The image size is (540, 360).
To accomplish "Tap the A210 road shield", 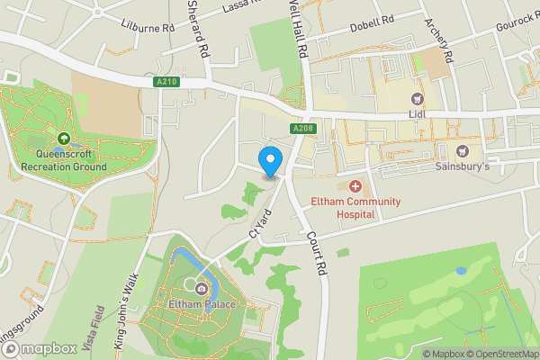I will point(164,82).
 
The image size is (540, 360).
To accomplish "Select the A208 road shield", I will point(302,130).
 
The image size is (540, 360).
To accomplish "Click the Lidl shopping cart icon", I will point(417,99).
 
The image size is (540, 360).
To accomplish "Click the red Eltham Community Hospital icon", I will point(355,186).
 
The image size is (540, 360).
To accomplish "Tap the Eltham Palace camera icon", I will point(201,288).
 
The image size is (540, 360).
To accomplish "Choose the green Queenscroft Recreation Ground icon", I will point(64,139).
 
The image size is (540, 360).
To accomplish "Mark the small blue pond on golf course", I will point(462,269).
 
